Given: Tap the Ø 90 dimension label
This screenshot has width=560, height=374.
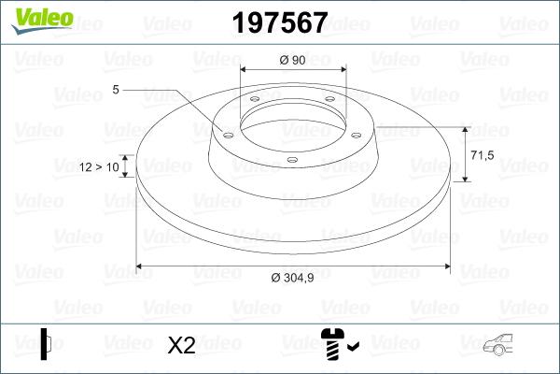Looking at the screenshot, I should (293, 60).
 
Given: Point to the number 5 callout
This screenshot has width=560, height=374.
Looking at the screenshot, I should (116, 90).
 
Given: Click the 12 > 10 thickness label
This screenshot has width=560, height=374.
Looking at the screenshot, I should (100, 166).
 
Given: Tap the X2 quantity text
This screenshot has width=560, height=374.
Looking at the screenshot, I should (180, 346).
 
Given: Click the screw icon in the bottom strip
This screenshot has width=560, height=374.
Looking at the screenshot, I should (331, 345).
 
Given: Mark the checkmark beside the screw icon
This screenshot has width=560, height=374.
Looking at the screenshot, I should (352, 348).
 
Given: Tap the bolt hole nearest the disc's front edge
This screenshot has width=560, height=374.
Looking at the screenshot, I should (292, 160).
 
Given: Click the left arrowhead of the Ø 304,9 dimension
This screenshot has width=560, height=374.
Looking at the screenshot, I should (141, 267).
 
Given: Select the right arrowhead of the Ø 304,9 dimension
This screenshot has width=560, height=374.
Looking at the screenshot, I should (447, 267).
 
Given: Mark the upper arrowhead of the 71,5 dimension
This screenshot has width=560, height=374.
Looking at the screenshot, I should (465, 128).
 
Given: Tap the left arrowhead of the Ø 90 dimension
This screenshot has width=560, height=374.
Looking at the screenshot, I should (245, 69).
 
